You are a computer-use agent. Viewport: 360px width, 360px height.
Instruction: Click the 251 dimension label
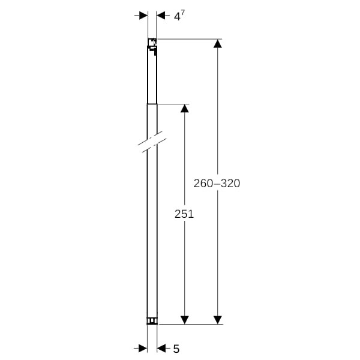pos(184,214)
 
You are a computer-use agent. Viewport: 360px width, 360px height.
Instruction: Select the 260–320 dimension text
pos(217,183)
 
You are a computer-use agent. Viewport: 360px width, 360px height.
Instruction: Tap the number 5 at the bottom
pos(176,349)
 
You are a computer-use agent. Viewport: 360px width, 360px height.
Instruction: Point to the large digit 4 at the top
pos(177,17)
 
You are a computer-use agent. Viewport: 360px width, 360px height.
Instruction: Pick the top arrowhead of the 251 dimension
pos(185,109)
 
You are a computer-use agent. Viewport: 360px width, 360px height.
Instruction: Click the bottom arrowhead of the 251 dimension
pos(185,320)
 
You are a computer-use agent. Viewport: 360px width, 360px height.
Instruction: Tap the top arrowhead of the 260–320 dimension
pos(218,44)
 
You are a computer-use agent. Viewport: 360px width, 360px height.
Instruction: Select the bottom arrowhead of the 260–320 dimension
pos(218,320)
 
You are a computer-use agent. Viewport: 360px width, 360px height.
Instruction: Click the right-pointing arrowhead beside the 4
pos(143,16)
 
